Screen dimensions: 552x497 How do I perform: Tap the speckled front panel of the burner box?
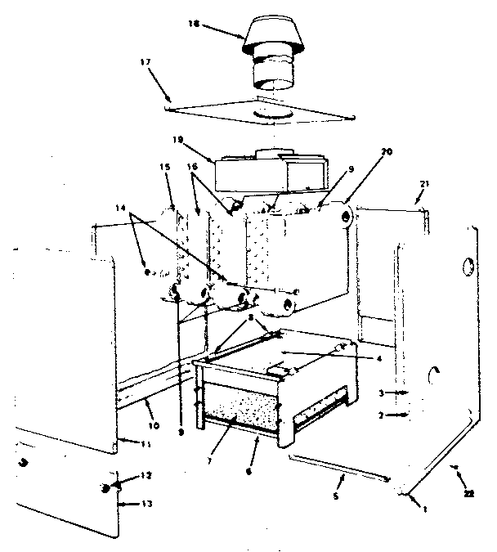click(241, 406)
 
